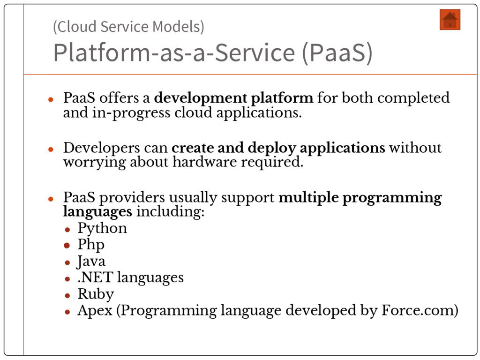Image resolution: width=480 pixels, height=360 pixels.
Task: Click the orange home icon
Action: point(450,20)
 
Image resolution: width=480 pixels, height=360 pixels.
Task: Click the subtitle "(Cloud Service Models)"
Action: point(128,27)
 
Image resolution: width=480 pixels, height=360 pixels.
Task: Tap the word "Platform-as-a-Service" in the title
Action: point(173,52)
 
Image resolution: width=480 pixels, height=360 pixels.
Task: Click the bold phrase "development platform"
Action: point(233,98)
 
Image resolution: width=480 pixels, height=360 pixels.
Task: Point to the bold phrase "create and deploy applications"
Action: point(278,148)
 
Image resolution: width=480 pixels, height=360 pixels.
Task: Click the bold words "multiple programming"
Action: point(360,198)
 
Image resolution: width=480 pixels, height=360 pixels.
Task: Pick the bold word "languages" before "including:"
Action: point(97,211)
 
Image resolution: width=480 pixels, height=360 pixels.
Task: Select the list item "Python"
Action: point(102,229)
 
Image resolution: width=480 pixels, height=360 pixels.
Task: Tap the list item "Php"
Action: point(91,245)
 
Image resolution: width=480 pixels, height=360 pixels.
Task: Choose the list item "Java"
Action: point(91,261)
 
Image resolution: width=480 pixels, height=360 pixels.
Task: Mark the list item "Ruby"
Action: point(96,294)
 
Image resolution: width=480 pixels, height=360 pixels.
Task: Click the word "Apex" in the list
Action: point(95,311)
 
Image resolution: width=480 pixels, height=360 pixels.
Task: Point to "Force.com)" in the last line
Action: point(420,310)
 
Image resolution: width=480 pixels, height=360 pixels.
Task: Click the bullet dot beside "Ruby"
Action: point(67,295)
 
